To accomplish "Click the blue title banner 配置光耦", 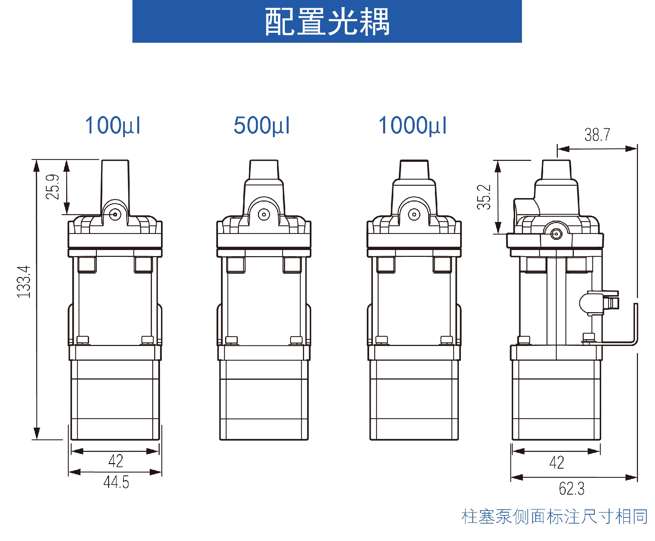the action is (x=327, y=21).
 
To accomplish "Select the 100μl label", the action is (x=113, y=126).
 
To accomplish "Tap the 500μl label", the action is (x=262, y=126).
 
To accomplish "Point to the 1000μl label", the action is (x=412, y=126).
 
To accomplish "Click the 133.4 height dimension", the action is (x=24, y=282).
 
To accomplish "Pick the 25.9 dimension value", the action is (x=53, y=187).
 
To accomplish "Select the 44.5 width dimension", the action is (x=116, y=482).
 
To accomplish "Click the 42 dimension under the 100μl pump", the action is (x=116, y=461).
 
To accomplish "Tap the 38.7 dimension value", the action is (x=597, y=135).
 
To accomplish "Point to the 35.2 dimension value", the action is (x=484, y=197).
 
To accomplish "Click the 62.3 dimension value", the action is (x=571, y=488).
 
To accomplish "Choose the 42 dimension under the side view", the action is (x=557, y=462).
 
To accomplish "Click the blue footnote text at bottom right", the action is (x=554, y=516).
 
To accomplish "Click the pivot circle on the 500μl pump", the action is (x=264, y=214).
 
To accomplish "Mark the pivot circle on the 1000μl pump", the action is (x=414, y=214).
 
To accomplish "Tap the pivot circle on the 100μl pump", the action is (x=115, y=214).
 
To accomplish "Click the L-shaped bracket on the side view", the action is (x=636, y=324).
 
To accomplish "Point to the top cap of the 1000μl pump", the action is (x=414, y=169).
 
